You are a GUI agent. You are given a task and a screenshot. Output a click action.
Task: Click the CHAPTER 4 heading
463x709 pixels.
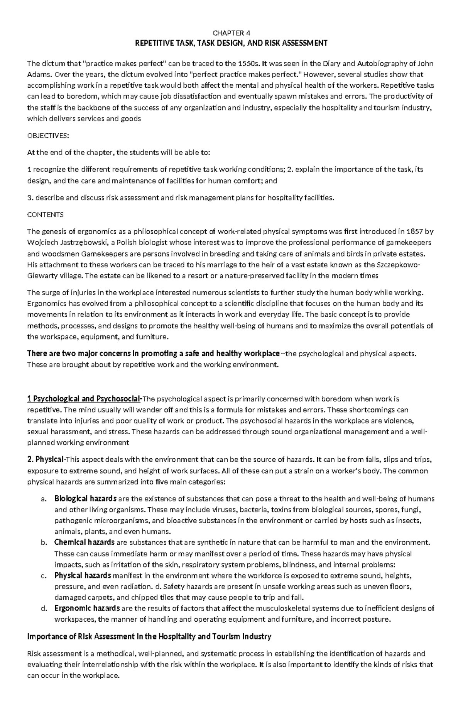point(231,33)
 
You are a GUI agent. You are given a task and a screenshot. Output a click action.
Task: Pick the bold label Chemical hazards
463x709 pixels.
point(84,542)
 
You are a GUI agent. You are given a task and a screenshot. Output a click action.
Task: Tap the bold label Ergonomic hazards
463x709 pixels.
point(87,608)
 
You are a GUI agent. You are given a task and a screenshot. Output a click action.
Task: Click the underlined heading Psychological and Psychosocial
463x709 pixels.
point(87,399)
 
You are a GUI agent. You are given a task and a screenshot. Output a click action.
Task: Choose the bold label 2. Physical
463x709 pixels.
point(45,459)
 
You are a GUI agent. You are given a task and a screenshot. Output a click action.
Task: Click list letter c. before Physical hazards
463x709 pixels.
point(43,575)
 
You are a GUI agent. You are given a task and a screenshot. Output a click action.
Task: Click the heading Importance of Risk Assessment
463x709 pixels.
point(149,636)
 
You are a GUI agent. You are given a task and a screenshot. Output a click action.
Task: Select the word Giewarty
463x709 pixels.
point(41,276)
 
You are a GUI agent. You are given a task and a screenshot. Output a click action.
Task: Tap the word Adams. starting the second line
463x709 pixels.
point(38,74)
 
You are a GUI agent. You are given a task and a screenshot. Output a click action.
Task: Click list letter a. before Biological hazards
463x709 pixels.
point(43,498)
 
